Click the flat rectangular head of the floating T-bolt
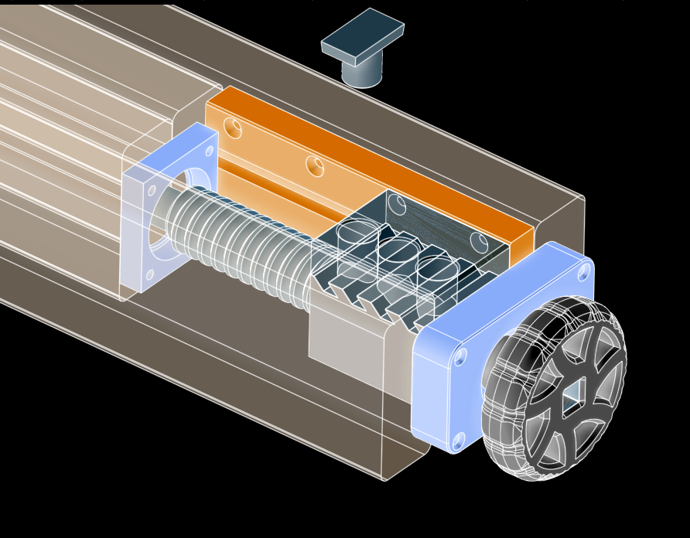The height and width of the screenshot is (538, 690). point(362,35)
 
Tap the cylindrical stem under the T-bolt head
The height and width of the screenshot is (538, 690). point(361,73)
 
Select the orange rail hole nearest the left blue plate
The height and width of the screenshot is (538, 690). point(233,128)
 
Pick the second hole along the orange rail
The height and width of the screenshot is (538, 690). point(315,165)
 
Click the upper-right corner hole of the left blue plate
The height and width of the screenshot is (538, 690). point(209,151)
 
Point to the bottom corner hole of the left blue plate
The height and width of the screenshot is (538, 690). point(149,274)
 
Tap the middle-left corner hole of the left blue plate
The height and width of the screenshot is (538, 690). point(152,190)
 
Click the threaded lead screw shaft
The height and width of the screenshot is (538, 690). point(240,240)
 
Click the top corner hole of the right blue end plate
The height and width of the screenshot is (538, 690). point(583,271)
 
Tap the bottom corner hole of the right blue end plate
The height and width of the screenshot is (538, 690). point(458,441)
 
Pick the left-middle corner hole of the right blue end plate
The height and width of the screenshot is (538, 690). point(460,356)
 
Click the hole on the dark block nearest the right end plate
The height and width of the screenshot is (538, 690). point(480,242)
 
